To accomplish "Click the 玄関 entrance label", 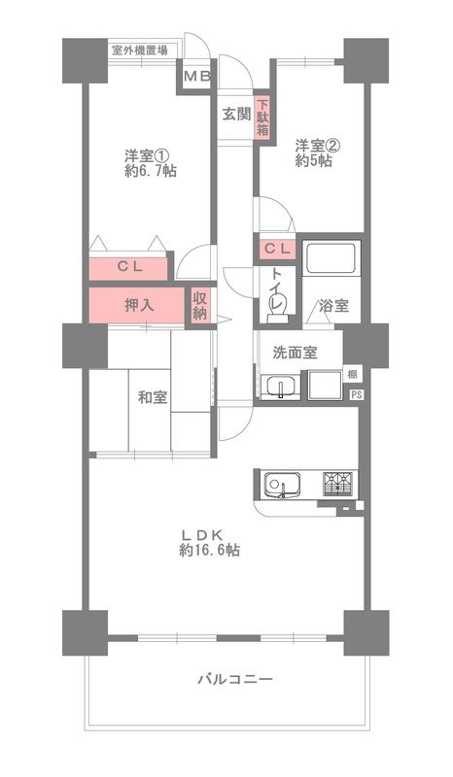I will point(235,113).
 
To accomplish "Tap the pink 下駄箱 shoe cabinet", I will point(261,118).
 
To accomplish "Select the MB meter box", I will point(197,77).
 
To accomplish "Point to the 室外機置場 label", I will point(138,51).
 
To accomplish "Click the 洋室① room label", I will point(144,154).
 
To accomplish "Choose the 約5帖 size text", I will point(313,162).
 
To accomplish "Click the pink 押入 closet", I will point(137,305).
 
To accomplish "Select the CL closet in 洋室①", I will point(130,265).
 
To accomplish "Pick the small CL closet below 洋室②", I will point(275,250).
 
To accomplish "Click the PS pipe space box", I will point(355,394).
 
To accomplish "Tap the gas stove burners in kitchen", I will point(336,482).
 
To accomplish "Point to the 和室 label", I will point(152,396).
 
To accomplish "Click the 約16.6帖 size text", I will point(209,550).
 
